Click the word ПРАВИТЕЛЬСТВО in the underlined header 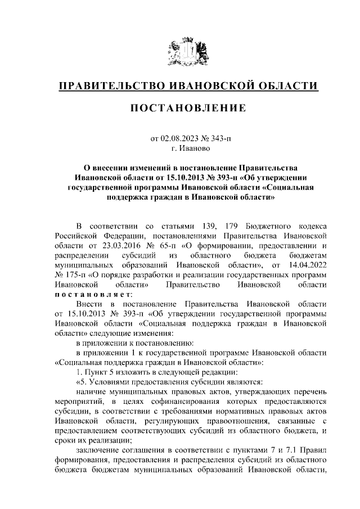point(112,85)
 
